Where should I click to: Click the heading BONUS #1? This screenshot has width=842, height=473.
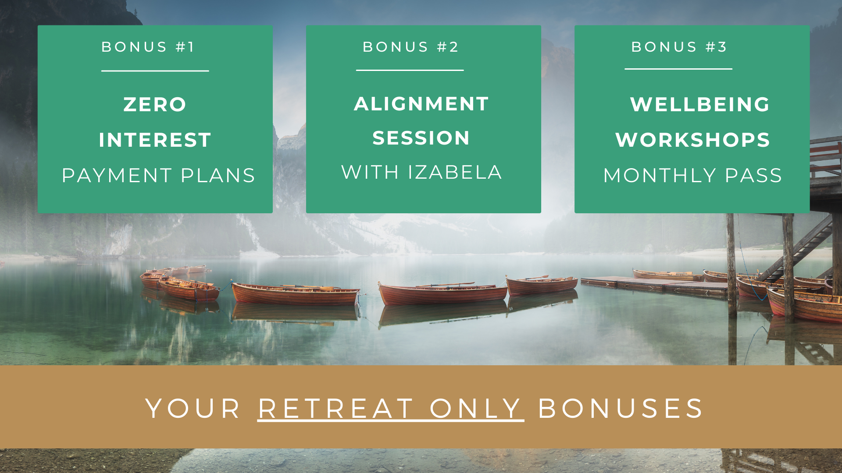[x=148, y=47]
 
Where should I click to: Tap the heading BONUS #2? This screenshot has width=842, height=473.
[x=410, y=47]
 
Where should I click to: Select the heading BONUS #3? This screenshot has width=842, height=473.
[x=679, y=47]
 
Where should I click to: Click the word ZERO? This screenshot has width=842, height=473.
[x=155, y=105]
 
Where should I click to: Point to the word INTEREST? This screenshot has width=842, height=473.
[x=155, y=140]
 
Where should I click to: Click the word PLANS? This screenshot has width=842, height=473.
[x=218, y=176]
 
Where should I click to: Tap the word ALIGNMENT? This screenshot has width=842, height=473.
[x=421, y=104]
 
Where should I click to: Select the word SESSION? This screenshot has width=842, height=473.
[x=421, y=138]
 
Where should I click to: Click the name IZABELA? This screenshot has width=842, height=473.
[x=455, y=172]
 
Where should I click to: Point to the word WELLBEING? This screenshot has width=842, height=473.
[x=700, y=104]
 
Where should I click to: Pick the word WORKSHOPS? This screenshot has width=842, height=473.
[x=693, y=140]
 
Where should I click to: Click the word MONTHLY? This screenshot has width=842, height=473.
[x=660, y=176]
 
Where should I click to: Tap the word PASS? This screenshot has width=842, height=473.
[x=753, y=176]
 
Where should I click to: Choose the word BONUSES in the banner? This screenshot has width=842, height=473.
[x=621, y=409]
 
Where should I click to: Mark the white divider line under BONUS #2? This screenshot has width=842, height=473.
[x=410, y=70]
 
